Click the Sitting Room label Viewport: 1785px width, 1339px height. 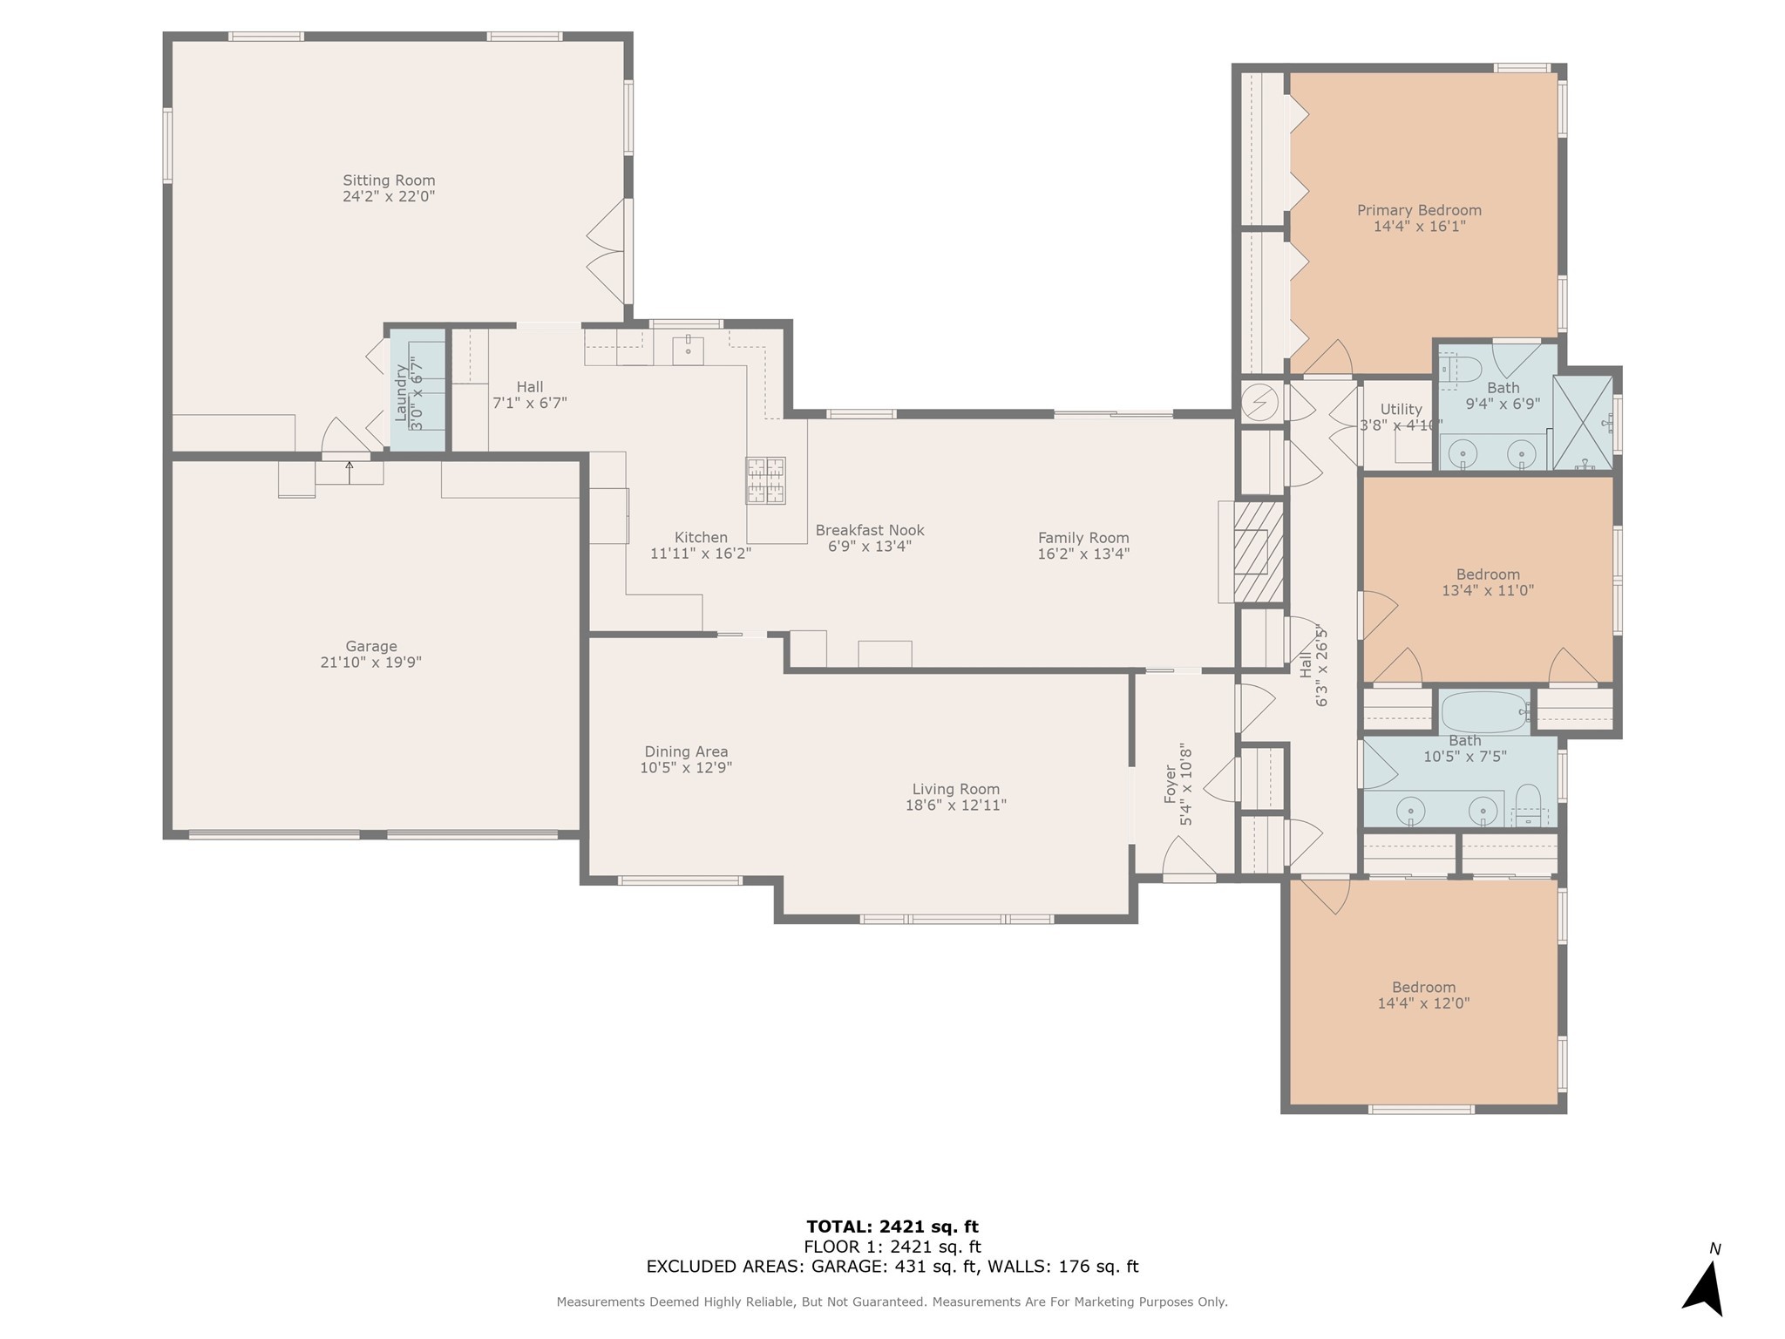click(x=389, y=180)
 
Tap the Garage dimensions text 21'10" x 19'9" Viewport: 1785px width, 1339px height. click(x=371, y=663)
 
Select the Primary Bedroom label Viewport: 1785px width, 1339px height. click(x=1419, y=210)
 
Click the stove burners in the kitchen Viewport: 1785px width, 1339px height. click(x=764, y=481)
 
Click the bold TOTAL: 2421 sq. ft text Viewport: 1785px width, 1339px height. click(x=892, y=1227)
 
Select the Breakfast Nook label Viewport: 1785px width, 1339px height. click(x=870, y=530)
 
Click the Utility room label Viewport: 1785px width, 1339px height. click(x=1402, y=409)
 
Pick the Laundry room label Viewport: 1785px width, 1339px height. click(x=401, y=394)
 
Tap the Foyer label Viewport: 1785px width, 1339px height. click(x=1171, y=785)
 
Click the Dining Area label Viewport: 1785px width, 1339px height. click(x=686, y=751)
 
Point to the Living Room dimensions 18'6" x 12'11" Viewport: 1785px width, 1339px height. click(x=956, y=805)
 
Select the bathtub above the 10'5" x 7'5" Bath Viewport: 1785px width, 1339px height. click(x=1486, y=711)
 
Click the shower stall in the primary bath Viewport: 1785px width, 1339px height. click(x=1583, y=423)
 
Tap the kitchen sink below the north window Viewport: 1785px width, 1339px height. click(x=688, y=350)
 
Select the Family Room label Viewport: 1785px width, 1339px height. click(x=1083, y=538)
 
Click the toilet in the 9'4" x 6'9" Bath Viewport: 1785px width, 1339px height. click(x=1459, y=369)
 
